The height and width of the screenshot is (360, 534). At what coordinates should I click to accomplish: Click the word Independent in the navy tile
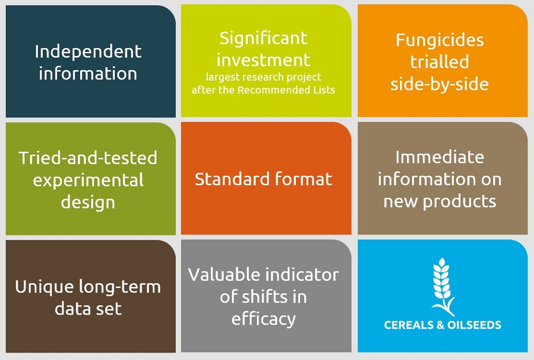coord(88,52)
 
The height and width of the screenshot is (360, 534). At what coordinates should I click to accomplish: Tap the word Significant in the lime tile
coord(263,38)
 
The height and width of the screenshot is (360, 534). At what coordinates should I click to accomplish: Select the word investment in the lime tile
coord(263,60)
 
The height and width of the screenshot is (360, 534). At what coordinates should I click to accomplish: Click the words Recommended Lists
coord(286,90)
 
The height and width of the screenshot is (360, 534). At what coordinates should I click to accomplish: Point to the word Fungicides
coord(439,41)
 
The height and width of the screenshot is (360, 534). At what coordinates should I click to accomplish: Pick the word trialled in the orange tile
coord(439,61)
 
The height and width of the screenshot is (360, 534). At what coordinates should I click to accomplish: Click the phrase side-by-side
coord(439,84)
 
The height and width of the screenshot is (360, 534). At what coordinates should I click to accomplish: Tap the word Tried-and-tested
coord(88,158)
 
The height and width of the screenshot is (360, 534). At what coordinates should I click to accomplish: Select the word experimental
coord(88,181)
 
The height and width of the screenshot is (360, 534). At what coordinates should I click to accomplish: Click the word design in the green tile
coord(88,202)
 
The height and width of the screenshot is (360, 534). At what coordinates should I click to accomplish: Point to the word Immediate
coord(439,158)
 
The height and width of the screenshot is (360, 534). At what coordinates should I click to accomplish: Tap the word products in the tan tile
coord(459,201)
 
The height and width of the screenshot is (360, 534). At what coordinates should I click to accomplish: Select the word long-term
coord(120,287)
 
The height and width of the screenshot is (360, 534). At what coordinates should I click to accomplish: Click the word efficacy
coord(263,319)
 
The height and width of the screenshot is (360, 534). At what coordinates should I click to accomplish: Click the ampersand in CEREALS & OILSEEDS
coord(441,325)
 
